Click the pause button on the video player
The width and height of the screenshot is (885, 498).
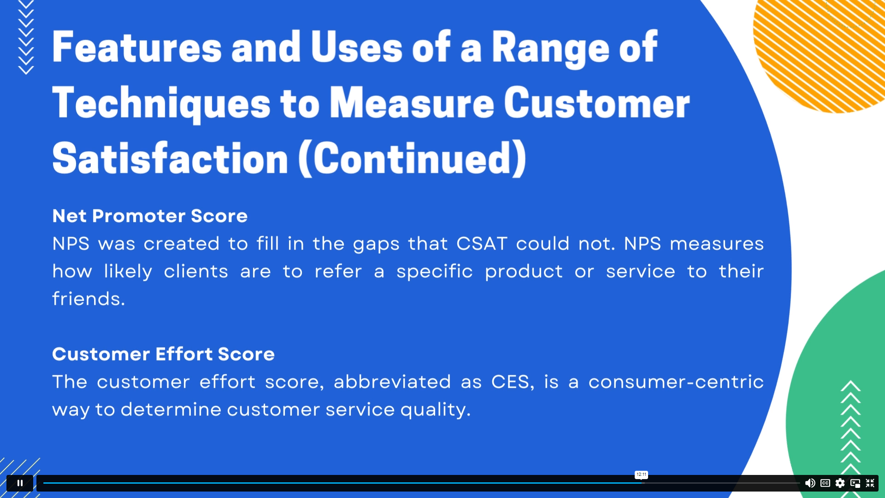20,483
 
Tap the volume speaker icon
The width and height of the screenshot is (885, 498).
810,483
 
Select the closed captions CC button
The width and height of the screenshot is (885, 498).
825,483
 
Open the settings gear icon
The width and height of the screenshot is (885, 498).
840,483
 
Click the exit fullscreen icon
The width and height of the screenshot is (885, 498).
870,483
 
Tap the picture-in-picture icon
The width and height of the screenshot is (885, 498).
855,483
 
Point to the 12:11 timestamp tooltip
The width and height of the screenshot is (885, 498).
641,474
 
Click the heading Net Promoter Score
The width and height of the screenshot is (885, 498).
150,216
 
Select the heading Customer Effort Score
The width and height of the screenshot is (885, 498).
163,354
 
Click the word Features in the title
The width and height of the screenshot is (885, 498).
137,47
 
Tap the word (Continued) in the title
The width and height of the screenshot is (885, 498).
413,159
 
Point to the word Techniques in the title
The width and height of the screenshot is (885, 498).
161,104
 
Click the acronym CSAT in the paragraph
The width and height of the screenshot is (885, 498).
482,243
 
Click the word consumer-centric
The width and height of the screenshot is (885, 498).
676,382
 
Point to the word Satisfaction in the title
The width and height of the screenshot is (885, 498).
170,159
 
